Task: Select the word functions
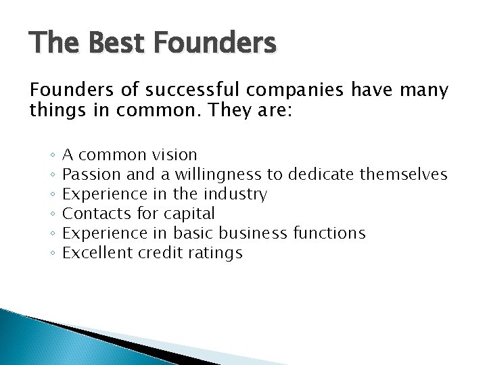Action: [x=329, y=234]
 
